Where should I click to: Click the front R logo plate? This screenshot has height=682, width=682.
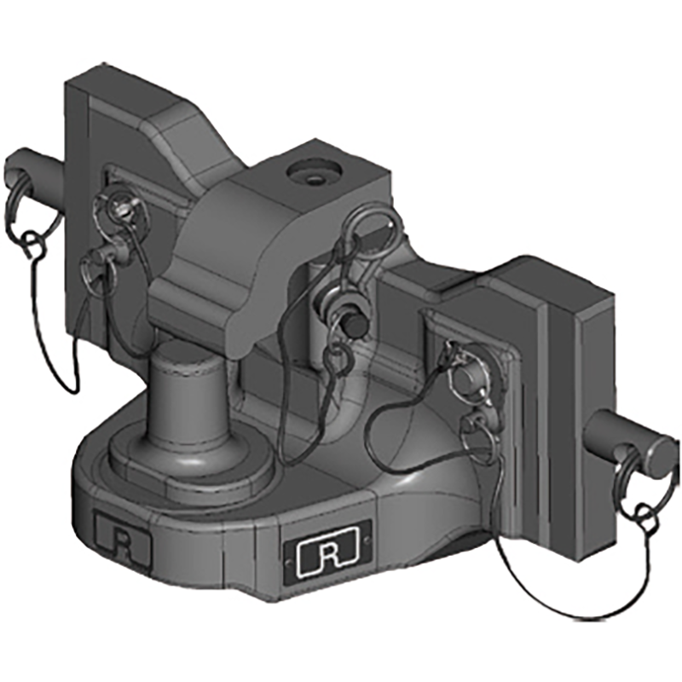tap(325, 555)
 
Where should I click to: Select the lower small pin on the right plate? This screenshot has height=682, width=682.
tap(477, 426)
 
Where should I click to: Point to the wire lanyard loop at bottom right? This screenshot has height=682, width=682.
tap(563, 588)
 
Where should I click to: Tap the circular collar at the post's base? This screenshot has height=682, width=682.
tap(188, 465)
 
